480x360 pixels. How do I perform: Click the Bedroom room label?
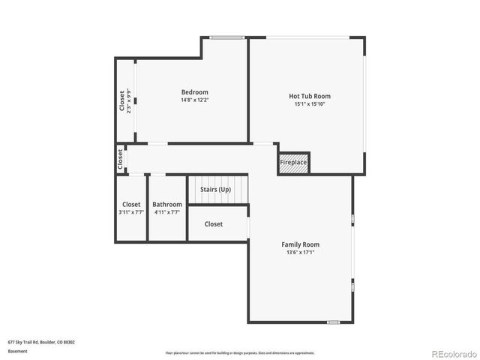point(194,92)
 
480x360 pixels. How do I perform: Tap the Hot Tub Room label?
point(310,96)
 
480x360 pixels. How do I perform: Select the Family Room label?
point(300,244)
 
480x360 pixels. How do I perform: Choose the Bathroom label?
point(167,204)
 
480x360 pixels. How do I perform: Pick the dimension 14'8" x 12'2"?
point(194,100)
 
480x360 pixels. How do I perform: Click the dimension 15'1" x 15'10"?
point(310,104)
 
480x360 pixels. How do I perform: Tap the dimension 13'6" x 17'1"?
point(300,253)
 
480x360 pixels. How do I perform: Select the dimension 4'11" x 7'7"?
point(167,212)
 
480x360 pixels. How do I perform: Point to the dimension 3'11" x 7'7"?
point(131,212)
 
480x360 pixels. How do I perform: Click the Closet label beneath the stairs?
point(214,224)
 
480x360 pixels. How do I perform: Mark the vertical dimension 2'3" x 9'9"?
point(130,101)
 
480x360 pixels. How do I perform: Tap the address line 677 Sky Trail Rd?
point(41,342)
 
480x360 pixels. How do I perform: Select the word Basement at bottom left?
point(17,351)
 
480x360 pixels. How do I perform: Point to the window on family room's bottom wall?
point(333,322)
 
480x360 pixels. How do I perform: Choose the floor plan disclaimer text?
point(240,352)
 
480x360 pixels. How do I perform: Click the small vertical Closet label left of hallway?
point(120,158)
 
